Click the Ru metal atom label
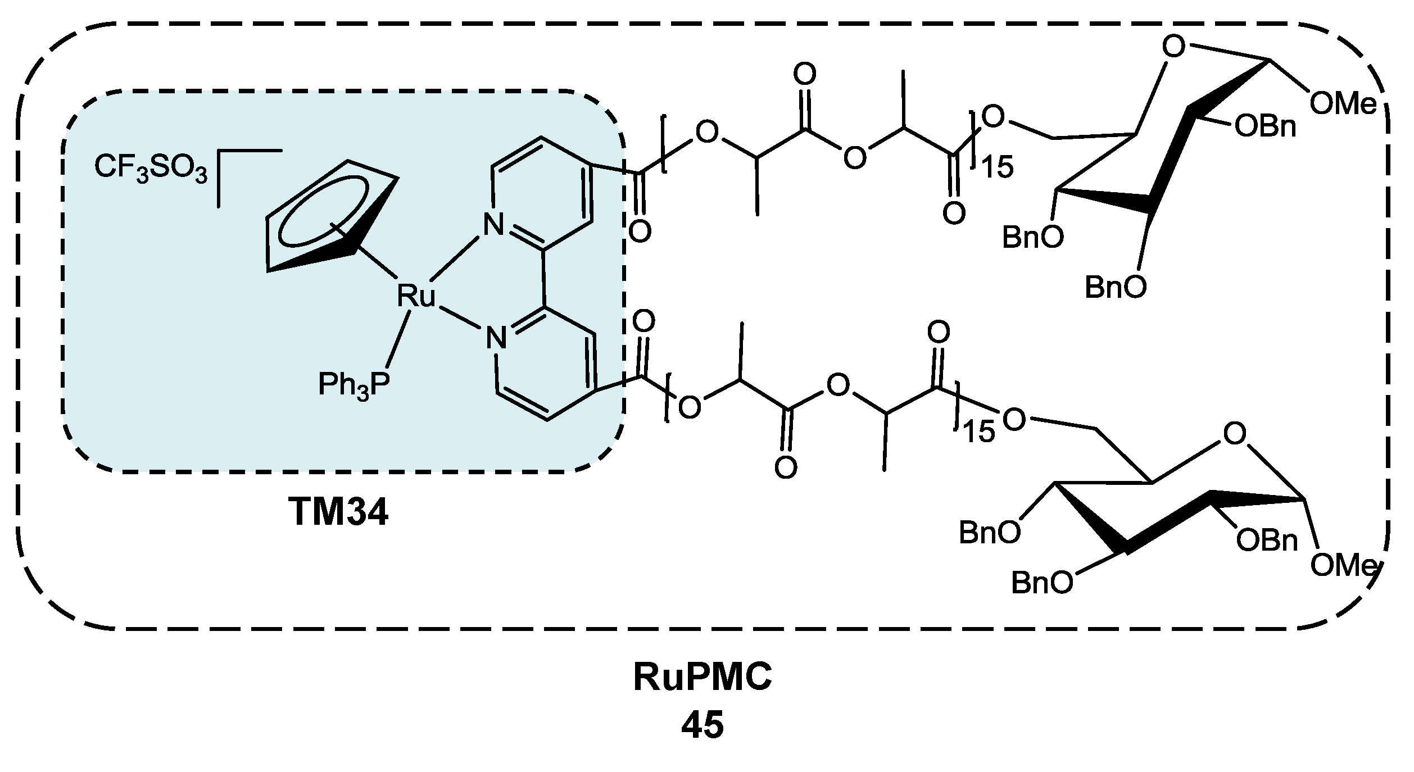(416, 296)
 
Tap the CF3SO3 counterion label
(151, 168)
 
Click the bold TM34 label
(338, 512)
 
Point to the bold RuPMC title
(703, 678)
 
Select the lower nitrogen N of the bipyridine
(496, 338)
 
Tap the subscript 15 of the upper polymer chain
(998, 168)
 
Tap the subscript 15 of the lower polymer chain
(978, 433)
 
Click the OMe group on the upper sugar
(1343, 105)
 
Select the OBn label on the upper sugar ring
(1265, 128)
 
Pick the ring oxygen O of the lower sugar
(1234, 434)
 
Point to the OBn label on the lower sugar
(1267, 541)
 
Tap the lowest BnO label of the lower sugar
(1041, 584)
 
